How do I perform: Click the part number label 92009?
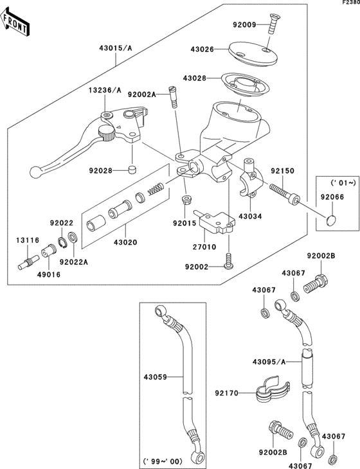tap(244, 25)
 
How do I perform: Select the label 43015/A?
tap(116, 48)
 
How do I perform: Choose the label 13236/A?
tap(105, 91)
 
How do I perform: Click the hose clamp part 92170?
tap(265, 393)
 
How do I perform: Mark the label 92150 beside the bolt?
tap(282, 172)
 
